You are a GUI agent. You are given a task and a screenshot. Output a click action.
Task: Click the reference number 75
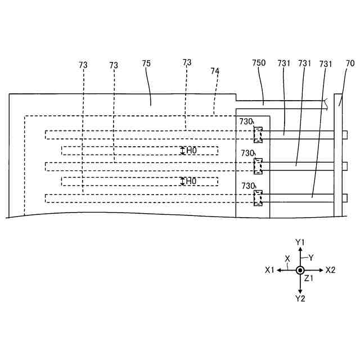coord(146,64)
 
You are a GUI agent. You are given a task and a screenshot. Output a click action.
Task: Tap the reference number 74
coord(214,71)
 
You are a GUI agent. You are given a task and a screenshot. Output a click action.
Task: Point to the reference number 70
coord(350,64)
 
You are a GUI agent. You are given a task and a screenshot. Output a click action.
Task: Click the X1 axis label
coord(269,270)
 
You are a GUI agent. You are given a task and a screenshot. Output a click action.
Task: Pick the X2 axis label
coord(330,270)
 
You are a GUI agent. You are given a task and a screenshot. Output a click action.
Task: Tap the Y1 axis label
coord(300,242)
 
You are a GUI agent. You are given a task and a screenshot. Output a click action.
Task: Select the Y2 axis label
coord(300,298)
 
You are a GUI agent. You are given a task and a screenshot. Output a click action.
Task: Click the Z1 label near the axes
coord(309,278)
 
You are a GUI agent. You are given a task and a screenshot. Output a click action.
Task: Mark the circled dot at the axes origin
coord(300,270)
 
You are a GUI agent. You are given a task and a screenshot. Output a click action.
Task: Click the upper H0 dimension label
coord(192,150)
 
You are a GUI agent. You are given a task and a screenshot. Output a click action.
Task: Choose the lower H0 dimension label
coord(192,181)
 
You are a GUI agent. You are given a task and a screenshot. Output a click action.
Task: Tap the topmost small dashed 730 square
coord(258,134)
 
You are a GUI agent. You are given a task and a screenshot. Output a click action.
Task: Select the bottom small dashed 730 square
coord(258,198)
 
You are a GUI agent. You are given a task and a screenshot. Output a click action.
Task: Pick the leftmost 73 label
coord(83,65)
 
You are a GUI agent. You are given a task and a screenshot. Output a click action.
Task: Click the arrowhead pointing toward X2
coord(321,270)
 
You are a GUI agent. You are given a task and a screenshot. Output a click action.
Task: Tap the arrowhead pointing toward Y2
coord(300,290)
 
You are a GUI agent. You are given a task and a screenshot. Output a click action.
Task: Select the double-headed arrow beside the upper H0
coord(182,150)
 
